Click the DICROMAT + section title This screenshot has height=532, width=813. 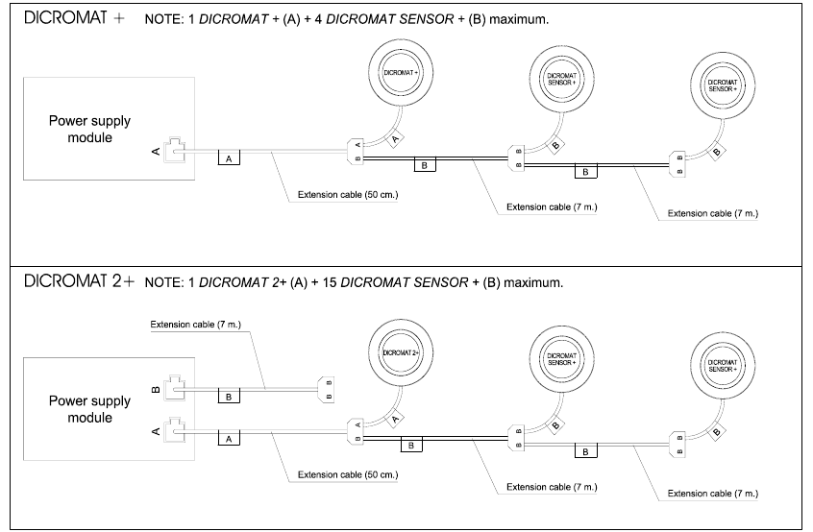[x=72, y=20]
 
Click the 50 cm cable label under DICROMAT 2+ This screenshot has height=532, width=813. [x=348, y=474]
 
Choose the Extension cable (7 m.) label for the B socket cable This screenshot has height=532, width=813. [x=195, y=325]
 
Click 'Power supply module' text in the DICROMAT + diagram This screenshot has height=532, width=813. [x=90, y=129]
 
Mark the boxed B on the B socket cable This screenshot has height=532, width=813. [x=228, y=396]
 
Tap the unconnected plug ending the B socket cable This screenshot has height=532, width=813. [x=325, y=391]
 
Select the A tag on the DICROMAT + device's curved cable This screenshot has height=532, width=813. [x=395, y=139]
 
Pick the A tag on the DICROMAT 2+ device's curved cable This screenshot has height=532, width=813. [x=395, y=418]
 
